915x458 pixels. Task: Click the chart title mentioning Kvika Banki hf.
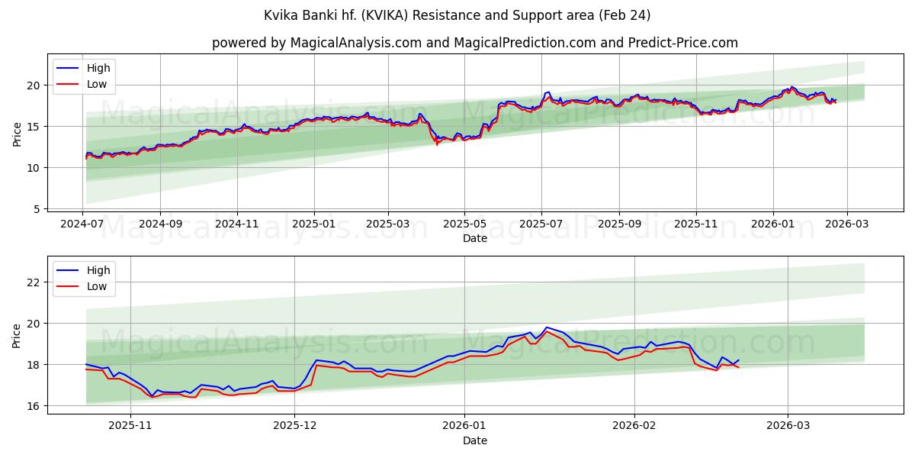pos(457,15)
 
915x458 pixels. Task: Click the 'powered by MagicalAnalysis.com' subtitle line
pos(474,43)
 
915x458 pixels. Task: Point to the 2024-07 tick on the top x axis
pos(82,225)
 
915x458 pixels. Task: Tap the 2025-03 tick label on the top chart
pos(387,225)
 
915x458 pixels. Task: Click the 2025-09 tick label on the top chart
pos(618,225)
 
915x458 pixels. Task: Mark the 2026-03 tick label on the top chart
pos(846,225)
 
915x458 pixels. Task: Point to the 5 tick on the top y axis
pos(36,208)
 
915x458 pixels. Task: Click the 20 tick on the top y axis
pos(33,85)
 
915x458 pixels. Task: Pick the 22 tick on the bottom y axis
pos(33,282)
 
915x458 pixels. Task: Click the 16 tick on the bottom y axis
pos(33,406)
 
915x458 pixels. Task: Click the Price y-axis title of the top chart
pos(17,134)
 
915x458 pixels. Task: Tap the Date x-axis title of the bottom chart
pos(474,440)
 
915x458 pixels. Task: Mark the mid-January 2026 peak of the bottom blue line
pos(546,327)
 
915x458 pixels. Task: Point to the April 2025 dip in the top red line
pos(437,144)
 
